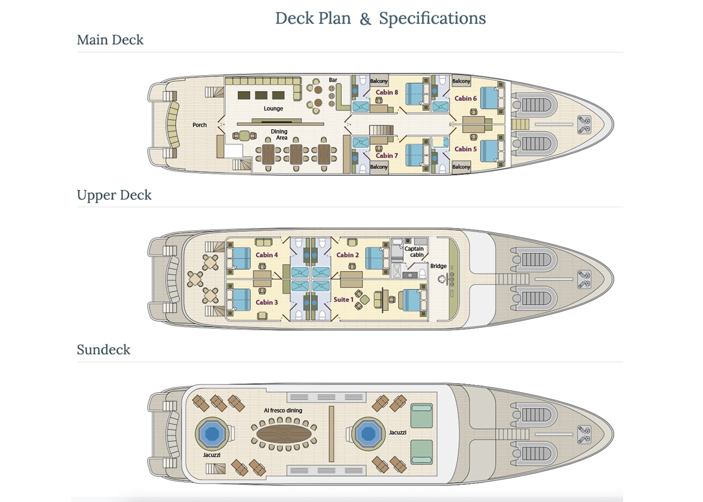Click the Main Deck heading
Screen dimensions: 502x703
click(x=110, y=40)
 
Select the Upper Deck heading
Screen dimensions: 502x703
click(x=114, y=195)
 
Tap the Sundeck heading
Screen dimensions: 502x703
click(x=103, y=349)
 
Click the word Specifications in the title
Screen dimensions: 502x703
click(x=432, y=19)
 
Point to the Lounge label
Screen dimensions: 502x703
click(x=273, y=108)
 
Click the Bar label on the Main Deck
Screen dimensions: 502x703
click(x=333, y=80)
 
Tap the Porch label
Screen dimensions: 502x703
click(x=199, y=125)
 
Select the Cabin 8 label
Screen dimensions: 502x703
click(x=387, y=92)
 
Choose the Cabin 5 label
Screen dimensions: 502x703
click(x=465, y=149)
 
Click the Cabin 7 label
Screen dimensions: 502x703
click(x=387, y=156)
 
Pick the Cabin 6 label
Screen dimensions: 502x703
click(x=465, y=98)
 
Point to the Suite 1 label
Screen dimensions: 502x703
click(x=343, y=300)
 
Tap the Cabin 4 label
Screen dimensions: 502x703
click(x=267, y=255)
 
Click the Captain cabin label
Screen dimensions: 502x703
click(x=414, y=252)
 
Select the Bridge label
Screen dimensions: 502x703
click(x=438, y=266)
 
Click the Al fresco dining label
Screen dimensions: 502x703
click(x=283, y=410)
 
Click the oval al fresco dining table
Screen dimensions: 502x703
click(x=284, y=432)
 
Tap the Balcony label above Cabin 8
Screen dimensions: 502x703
click(x=379, y=81)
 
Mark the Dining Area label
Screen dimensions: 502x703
click(x=279, y=135)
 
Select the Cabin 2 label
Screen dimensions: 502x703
click(x=347, y=255)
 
